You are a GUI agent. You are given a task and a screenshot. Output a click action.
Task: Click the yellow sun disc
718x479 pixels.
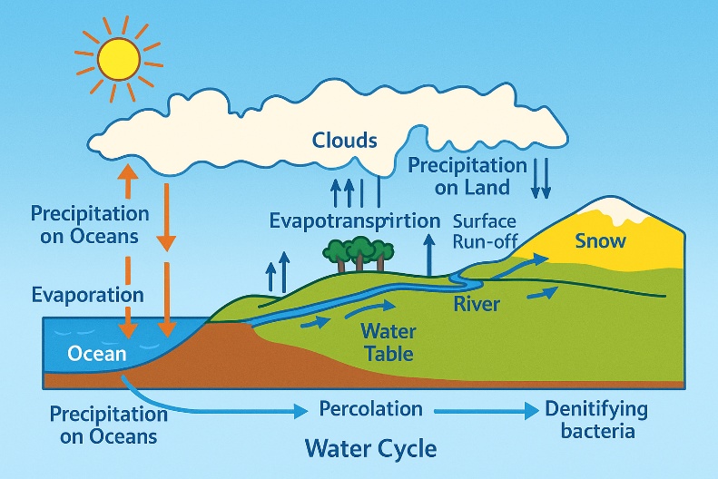(119, 59)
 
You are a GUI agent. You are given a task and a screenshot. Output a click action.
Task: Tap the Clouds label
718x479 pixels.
(344, 140)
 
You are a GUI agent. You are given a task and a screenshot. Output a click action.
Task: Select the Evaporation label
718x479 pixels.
(87, 295)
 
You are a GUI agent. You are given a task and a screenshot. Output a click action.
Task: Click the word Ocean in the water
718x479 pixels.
(96, 354)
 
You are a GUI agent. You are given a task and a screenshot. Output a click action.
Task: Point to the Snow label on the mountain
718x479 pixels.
(600, 240)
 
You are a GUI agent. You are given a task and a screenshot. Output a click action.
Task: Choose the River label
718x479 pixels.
(477, 304)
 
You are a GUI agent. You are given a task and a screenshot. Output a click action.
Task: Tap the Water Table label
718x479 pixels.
(388, 342)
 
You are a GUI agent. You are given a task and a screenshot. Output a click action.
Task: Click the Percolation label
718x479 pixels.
(371, 408)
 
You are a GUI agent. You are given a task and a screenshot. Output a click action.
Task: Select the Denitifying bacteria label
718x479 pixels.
(596, 420)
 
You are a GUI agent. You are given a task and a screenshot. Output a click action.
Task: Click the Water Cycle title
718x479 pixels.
(370, 448)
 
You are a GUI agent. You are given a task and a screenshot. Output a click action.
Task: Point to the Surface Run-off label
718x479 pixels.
(485, 231)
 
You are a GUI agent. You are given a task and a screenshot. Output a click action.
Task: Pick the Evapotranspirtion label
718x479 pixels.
(354, 221)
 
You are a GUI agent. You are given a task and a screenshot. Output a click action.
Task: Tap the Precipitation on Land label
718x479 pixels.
(467, 176)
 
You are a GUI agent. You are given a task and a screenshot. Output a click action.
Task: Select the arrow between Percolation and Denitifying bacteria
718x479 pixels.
(487, 411)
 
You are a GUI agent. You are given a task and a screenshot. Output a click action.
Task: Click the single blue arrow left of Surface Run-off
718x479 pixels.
(429, 255)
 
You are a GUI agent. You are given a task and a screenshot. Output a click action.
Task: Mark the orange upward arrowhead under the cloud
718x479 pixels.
(128, 171)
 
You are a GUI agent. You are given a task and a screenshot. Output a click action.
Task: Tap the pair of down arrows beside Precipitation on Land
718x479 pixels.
(540, 179)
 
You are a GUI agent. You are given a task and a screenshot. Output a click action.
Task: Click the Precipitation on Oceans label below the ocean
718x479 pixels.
(109, 425)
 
